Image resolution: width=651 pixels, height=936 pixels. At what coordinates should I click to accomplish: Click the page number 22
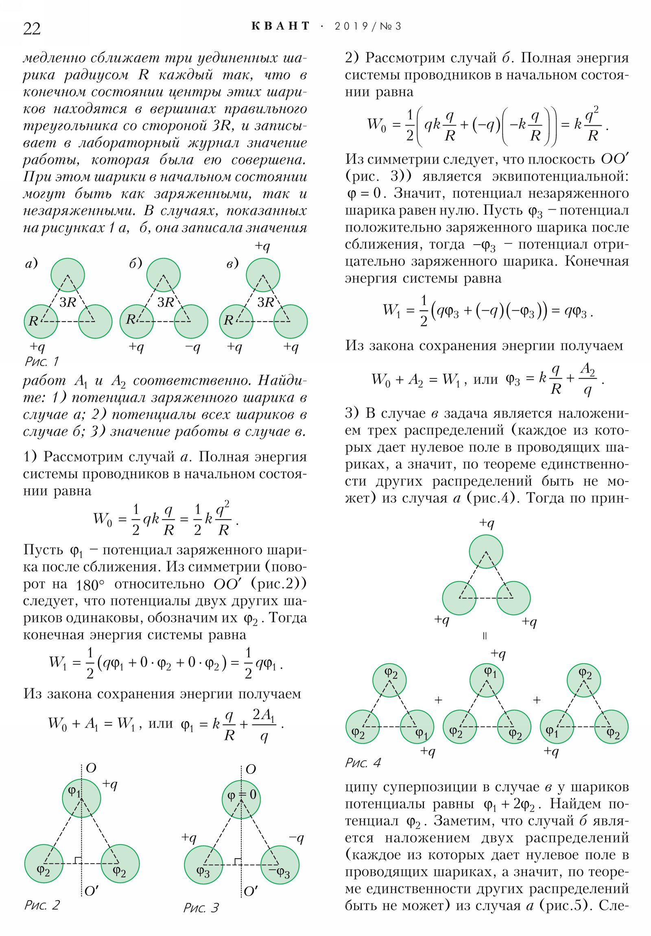32,29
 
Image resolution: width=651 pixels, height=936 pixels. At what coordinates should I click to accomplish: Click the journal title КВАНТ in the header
281,26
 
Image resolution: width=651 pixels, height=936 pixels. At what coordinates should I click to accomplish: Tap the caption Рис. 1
42,361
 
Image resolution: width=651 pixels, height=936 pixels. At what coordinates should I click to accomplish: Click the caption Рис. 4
363,762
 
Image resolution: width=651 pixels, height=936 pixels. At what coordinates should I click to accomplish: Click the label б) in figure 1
136,263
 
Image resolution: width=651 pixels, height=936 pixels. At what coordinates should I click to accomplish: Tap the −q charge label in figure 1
192,347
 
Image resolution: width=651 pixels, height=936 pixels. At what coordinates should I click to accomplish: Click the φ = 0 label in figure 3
242,794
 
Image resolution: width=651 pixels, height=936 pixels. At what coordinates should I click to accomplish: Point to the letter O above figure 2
91,768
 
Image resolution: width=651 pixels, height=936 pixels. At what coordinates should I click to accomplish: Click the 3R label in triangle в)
266,302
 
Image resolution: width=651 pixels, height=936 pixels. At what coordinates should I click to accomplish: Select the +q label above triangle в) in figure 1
262,246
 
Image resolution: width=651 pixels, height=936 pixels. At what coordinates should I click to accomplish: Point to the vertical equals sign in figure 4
485,636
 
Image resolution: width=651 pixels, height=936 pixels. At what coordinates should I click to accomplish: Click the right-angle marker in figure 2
78,860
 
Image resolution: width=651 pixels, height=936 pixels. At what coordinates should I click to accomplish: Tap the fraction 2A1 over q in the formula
264,724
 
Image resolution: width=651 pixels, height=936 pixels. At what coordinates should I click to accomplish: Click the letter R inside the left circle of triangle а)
33,321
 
